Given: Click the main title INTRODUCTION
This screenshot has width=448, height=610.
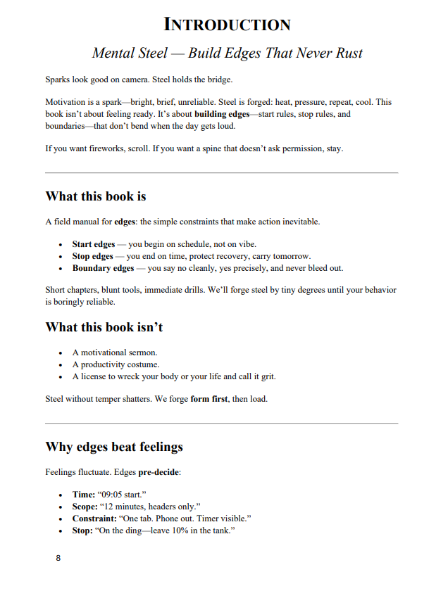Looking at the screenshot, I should (x=227, y=25).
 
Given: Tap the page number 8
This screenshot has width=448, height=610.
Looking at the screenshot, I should (x=58, y=558).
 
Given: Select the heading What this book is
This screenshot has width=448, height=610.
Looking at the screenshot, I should (x=96, y=196).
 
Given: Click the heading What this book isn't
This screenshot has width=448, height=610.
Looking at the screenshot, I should (x=104, y=327).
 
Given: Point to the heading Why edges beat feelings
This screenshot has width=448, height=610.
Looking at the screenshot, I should (x=114, y=446).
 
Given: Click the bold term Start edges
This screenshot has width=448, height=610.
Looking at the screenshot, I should (x=94, y=244).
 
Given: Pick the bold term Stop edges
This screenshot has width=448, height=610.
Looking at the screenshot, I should (x=92, y=256).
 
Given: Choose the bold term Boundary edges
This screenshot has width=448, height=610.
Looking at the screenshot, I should (x=103, y=268).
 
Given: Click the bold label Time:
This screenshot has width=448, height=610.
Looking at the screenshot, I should (x=85, y=495).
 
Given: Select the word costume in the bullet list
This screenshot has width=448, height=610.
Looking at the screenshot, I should (x=143, y=364).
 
